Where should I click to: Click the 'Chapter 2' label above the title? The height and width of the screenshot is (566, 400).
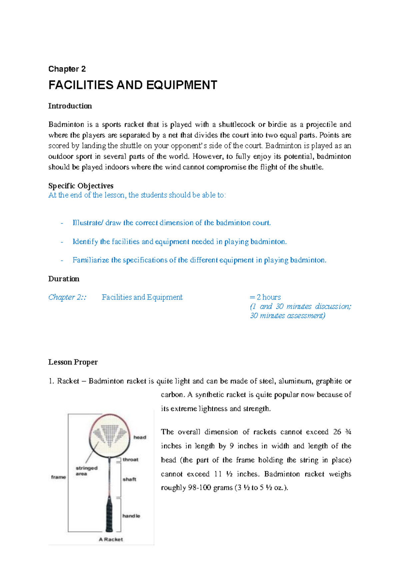point(67,69)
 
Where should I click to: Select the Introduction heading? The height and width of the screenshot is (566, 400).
point(70,106)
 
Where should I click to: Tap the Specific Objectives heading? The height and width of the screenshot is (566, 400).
point(81,186)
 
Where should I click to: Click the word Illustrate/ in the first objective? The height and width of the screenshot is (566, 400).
point(88,223)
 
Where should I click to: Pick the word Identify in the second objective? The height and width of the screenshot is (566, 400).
point(85,242)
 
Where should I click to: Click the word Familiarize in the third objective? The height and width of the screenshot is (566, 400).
point(91,260)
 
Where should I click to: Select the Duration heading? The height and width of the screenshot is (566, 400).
point(64,279)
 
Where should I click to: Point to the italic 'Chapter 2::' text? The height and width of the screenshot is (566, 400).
point(67,297)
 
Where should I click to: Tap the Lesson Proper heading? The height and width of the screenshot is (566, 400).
point(73,362)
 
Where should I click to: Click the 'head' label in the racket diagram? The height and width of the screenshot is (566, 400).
point(140,438)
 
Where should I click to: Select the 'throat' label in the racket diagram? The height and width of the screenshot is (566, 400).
point(130,460)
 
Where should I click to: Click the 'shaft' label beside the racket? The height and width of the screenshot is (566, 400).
point(129,480)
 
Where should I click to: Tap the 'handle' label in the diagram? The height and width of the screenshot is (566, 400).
point(131,516)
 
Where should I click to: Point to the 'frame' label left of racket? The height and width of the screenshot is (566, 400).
point(58,477)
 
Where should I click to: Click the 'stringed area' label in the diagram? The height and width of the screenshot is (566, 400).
point(86,471)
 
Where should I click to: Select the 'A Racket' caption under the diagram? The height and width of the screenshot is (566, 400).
point(111,540)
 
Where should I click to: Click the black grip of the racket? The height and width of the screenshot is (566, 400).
point(109,516)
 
